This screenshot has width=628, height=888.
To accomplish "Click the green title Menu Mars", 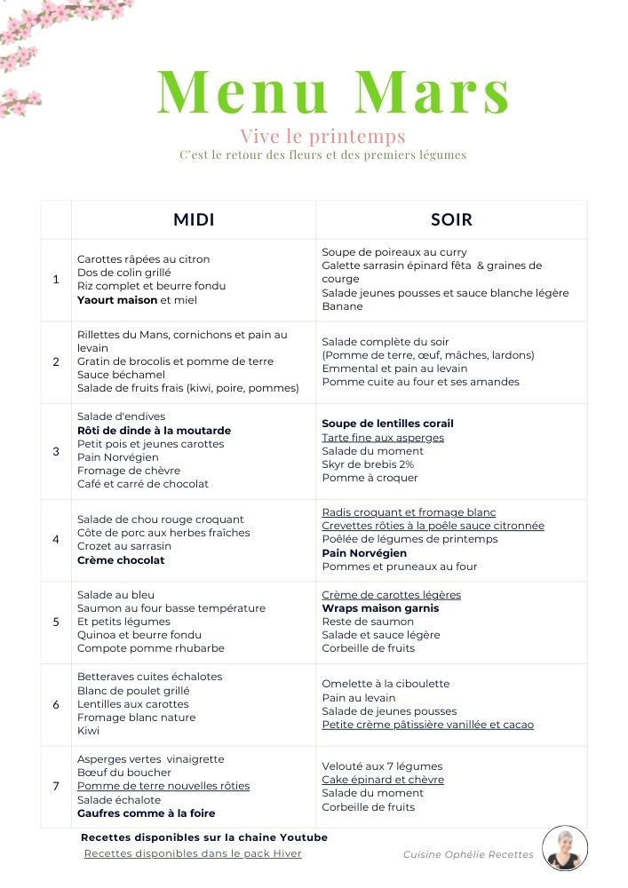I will [x=333, y=92].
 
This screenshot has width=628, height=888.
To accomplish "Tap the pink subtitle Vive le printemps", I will [x=322, y=136].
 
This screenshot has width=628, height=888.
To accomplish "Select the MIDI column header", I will [x=194, y=219].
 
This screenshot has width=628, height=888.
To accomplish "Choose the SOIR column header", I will [x=451, y=219].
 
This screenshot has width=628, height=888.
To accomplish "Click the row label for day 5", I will [x=56, y=622].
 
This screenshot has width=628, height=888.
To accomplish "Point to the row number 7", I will [x=56, y=786].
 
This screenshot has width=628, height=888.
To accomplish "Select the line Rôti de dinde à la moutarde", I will [x=154, y=430].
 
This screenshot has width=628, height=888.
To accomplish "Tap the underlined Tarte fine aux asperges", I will [x=383, y=437].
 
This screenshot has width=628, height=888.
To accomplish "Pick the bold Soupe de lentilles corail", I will [x=387, y=424].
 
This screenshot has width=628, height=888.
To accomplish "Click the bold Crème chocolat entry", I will [x=121, y=560].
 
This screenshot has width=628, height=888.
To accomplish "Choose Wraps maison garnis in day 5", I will [x=380, y=608].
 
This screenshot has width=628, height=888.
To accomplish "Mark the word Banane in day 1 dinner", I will [x=343, y=306].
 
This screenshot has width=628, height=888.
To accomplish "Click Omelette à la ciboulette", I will [x=386, y=684].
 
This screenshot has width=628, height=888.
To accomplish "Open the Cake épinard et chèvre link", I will [x=383, y=780].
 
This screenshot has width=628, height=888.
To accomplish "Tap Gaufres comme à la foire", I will [x=147, y=813].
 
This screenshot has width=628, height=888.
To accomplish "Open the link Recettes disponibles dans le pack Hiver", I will [x=193, y=853].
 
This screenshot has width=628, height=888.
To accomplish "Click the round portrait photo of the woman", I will [x=565, y=848].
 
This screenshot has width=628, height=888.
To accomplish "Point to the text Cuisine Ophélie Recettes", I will [x=468, y=854].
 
